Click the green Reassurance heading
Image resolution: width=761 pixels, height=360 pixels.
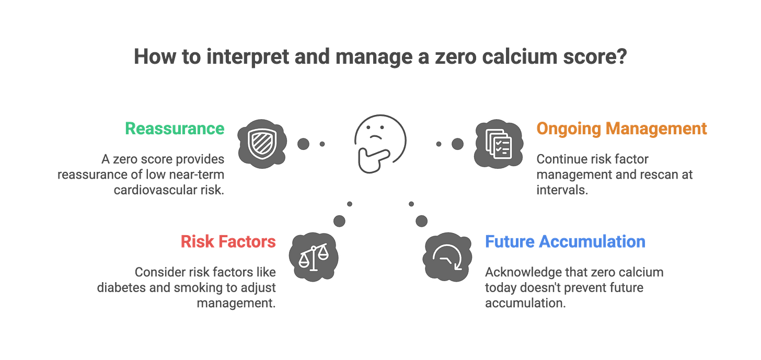[175, 129]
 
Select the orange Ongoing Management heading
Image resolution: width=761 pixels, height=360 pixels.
[621, 129]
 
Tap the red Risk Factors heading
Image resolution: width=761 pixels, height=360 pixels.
[228, 242]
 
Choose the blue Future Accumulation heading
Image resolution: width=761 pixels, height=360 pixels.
[565, 242]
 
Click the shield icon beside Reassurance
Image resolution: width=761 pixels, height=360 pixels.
[260, 141]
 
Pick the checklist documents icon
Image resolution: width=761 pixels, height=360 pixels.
[497, 143]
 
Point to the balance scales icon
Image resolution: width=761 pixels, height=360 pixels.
[313, 257]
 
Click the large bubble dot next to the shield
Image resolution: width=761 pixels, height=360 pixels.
[302, 143]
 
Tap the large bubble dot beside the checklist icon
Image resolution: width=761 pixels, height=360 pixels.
[457, 143]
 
